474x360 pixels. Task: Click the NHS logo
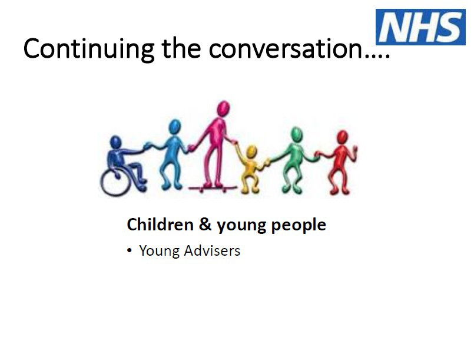click(420, 27)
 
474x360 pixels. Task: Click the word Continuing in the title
click(89, 49)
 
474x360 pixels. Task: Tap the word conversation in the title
click(286, 49)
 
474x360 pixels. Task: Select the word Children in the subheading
click(160, 224)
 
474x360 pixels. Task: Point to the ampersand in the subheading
click(205, 224)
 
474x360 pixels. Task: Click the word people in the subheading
click(299, 226)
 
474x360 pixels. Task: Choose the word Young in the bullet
click(160, 252)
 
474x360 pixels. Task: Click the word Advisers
click(212, 250)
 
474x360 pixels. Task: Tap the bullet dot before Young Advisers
click(130, 251)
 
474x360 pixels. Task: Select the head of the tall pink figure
click(223, 108)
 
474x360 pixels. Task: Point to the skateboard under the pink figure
click(213, 189)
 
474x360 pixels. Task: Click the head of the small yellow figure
click(251, 152)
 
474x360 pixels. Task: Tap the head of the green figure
click(297, 134)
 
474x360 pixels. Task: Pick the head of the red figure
click(342, 137)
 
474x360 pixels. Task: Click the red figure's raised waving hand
click(354, 150)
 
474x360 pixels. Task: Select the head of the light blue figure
click(175, 127)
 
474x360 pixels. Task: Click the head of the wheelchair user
click(115, 142)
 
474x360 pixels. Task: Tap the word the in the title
click(181, 49)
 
